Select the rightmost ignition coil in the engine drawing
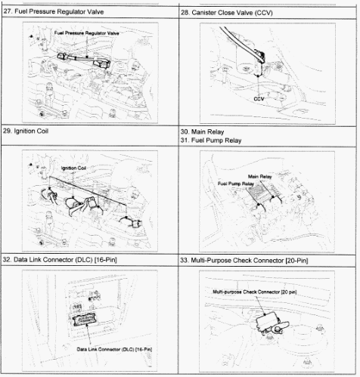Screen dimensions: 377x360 (x=136, y=224)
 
